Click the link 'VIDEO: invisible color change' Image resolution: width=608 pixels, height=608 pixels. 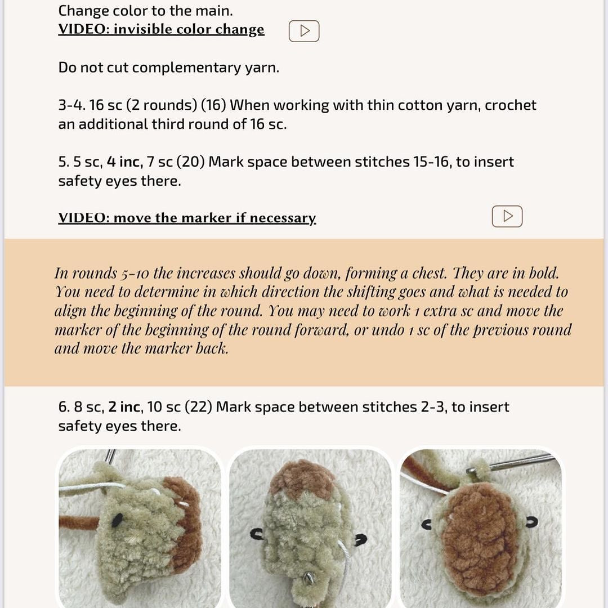coord(161,29)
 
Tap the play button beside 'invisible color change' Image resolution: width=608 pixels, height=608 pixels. coord(304,31)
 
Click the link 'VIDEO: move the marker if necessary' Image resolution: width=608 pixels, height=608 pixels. coord(187,218)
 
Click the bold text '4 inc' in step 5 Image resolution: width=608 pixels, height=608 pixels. coord(124,162)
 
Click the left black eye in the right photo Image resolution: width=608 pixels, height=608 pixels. coord(427,525)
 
